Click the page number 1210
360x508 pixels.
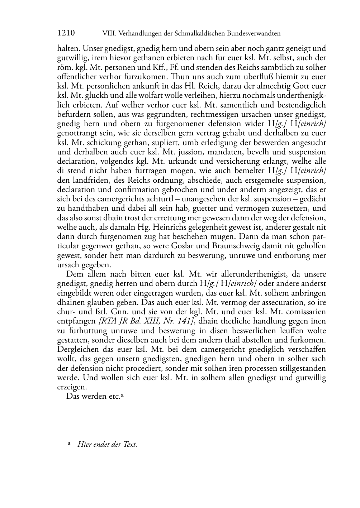pos(66,33)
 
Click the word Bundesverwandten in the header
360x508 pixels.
pos(251,34)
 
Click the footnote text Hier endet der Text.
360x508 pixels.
pos(107,445)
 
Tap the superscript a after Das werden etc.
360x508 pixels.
pos(122,395)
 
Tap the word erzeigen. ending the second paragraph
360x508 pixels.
pos(72,387)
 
